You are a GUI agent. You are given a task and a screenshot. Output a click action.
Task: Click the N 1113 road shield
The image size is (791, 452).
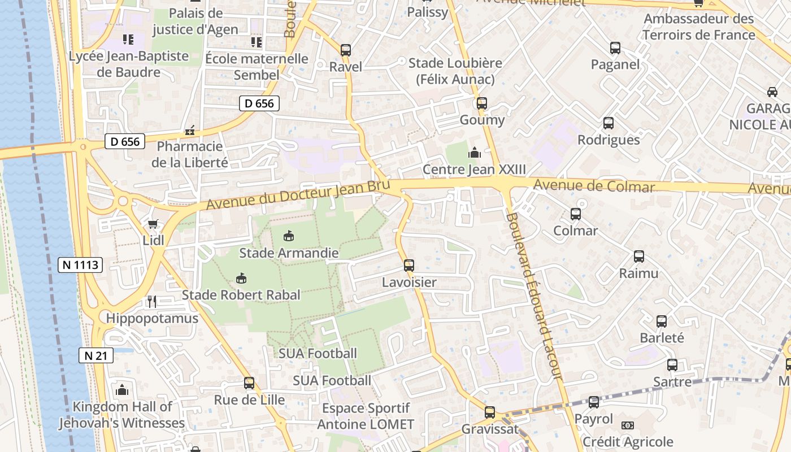[x=80, y=264]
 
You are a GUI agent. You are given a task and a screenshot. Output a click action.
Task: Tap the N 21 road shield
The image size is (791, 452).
[x=96, y=355]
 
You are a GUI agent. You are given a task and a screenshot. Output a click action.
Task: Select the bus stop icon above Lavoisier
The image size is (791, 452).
[x=409, y=265]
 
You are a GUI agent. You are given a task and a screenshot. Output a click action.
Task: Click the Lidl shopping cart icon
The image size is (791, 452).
[x=153, y=224]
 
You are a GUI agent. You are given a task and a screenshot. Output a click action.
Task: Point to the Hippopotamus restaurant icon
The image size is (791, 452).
[x=151, y=301]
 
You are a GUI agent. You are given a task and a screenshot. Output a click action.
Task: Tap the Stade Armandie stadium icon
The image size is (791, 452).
[x=289, y=236]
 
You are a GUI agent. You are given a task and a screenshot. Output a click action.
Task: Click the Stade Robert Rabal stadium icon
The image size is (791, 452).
[x=241, y=278]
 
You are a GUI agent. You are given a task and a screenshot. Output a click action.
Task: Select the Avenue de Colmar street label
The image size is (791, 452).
[x=594, y=185]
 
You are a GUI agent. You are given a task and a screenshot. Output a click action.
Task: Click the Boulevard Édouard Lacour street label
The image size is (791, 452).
[x=533, y=295]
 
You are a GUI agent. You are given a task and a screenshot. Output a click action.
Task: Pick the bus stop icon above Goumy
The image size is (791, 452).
[x=481, y=103]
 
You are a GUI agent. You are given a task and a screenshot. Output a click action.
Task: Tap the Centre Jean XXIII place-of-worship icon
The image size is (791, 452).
[x=474, y=153]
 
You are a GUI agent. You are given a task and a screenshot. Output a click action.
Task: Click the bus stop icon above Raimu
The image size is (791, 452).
[x=639, y=257]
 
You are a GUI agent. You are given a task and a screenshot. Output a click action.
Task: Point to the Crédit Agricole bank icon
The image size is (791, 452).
[x=627, y=425]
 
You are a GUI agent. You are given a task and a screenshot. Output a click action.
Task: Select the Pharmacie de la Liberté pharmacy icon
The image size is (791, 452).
[x=190, y=131]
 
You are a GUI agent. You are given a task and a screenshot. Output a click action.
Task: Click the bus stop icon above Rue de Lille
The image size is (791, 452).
[x=249, y=383]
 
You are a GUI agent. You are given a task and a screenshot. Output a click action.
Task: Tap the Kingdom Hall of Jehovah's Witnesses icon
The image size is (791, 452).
[x=121, y=390]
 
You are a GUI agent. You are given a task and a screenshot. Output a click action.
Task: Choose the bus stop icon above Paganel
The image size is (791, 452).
[x=615, y=48]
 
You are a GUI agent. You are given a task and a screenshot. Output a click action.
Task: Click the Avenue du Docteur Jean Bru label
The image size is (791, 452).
[x=298, y=194]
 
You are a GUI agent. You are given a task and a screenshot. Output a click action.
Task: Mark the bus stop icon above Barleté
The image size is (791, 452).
[x=662, y=321]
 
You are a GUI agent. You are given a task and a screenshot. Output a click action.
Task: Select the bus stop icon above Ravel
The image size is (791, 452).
[x=346, y=50]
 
